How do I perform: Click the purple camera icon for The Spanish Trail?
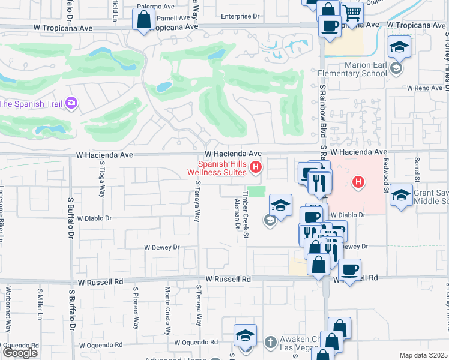pos(71,103)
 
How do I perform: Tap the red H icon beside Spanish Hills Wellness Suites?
pos(256,167)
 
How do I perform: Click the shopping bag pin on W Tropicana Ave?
pos(144,20)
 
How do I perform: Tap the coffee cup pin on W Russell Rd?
pos(349,269)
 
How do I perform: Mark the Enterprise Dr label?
pos(243,16)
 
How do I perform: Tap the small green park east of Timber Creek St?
pos(256,191)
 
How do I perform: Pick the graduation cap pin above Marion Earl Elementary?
pos(399,46)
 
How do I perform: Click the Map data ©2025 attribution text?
pos(424,355)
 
